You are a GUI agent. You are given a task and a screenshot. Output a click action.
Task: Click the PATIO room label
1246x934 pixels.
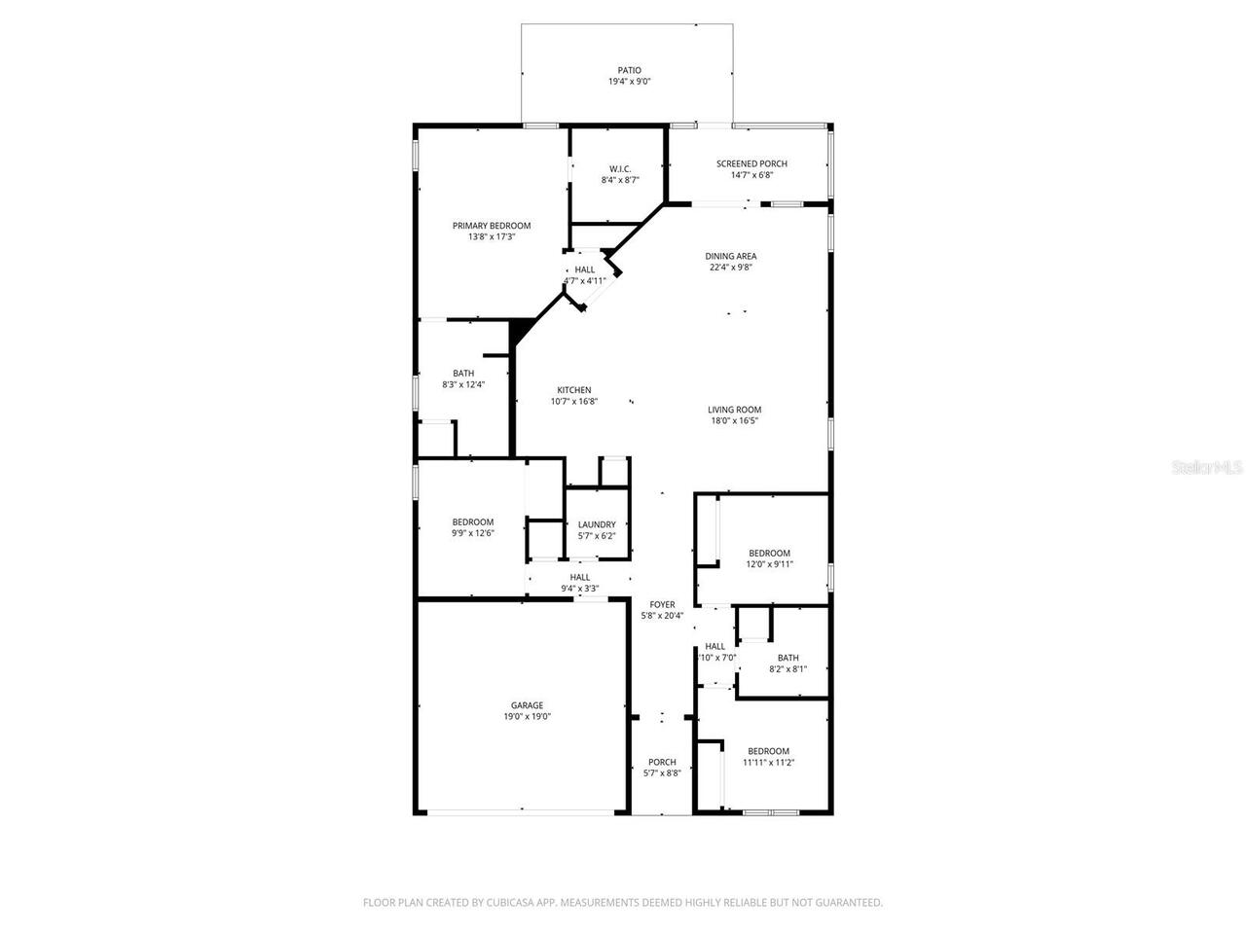coord(629,70)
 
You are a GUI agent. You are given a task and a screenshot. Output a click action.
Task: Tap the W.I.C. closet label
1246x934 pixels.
coord(620,168)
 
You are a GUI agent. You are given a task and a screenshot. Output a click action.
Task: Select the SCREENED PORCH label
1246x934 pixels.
coord(751,163)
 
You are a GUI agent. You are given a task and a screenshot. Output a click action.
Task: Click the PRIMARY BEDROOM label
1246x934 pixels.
coord(492,225)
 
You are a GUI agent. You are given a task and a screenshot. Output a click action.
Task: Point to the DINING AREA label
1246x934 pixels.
coord(731,256)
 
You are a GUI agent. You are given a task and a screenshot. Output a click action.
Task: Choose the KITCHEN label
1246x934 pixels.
coord(573,390)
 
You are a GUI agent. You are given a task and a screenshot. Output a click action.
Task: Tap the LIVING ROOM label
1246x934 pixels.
coord(734,410)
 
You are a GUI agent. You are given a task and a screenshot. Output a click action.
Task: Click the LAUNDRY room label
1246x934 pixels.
coord(597,524)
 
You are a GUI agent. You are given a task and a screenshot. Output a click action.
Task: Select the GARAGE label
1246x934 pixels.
coord(527,705)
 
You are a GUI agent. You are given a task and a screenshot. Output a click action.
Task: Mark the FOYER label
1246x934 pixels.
coord(662,604)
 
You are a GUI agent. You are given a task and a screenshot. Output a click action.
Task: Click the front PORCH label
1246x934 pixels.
coord(662,762)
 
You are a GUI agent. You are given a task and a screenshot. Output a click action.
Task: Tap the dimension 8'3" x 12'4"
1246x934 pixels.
coord(463,384)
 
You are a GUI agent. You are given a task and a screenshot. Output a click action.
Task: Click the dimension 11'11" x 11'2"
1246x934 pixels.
coord(768,763)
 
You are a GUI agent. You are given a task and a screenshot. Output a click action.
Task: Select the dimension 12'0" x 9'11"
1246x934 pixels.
coord(769,564)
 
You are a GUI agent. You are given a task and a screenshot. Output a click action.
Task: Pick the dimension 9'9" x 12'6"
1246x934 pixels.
coord(472,533)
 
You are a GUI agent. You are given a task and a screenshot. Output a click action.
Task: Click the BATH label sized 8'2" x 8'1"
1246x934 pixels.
coord(788,658)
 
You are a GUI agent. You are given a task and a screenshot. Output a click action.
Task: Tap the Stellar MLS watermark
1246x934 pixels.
coord(1207,468)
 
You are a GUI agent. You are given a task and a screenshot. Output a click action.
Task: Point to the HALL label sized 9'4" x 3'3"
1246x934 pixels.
coord(579,577)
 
